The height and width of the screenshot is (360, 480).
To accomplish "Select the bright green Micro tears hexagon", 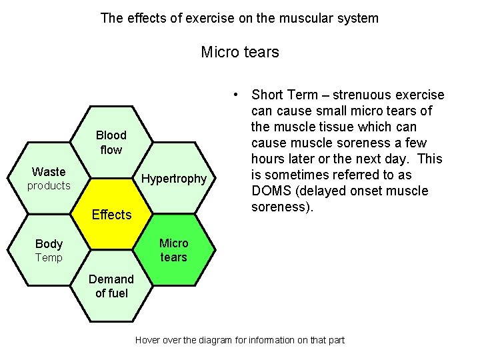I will (x=174, y=250).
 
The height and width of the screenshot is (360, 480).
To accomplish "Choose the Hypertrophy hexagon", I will (x=174, y=179).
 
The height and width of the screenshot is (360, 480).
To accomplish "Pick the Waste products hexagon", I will (x=49, y=179).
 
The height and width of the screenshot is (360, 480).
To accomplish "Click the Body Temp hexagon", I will (x=49, y=250).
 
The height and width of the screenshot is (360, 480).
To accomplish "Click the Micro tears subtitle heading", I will (x=240, y=51).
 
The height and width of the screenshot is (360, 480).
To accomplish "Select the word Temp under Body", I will (x=49, y=258).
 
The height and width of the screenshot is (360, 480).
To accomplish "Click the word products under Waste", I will (x=49, y=186).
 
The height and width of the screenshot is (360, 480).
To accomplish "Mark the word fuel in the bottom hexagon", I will (x=117, y=293).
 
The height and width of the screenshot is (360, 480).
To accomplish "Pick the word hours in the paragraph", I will (x=269, y=159).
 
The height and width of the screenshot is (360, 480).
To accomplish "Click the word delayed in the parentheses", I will (x=325, y=191).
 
